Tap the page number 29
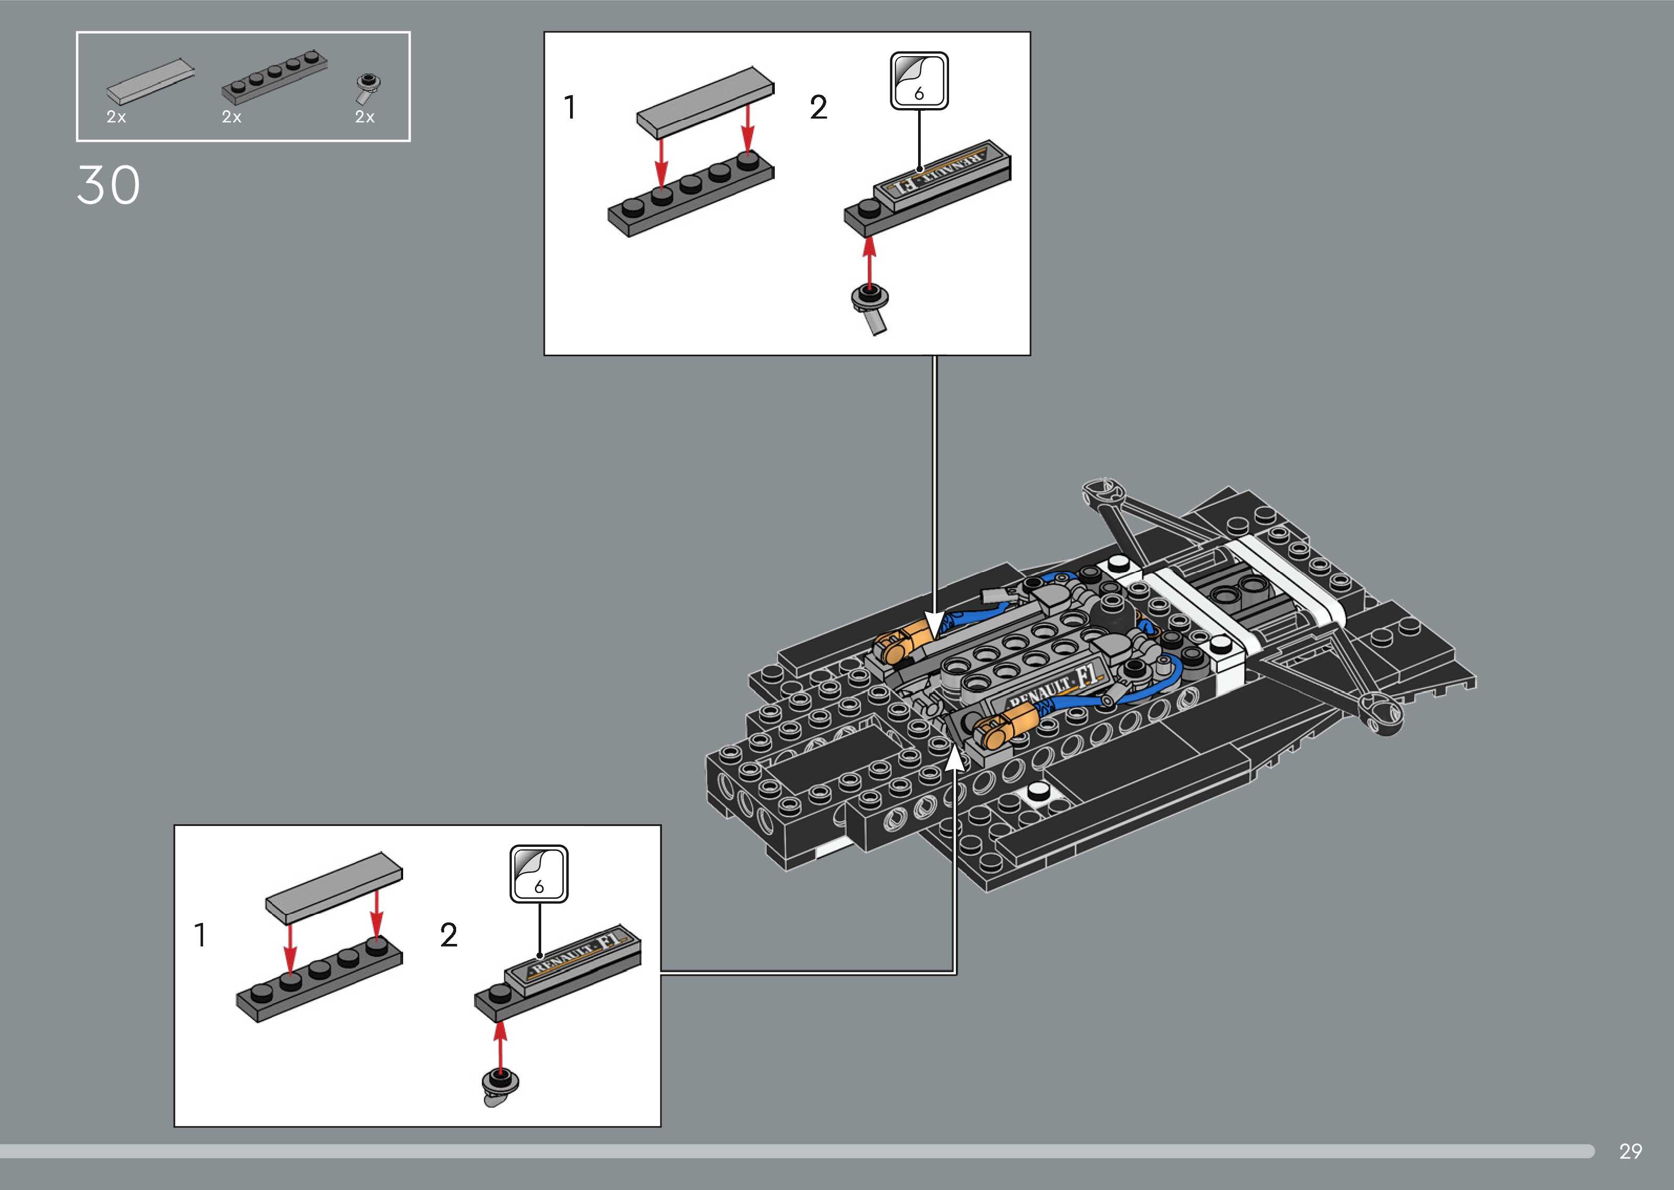[1630, 1151]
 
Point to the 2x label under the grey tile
[116, 117]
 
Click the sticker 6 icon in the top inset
[919, 81]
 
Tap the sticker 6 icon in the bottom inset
[539, 874]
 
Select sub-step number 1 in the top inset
[570, 108]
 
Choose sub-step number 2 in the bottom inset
[448, 935]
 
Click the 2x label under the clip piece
[364, 117]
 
